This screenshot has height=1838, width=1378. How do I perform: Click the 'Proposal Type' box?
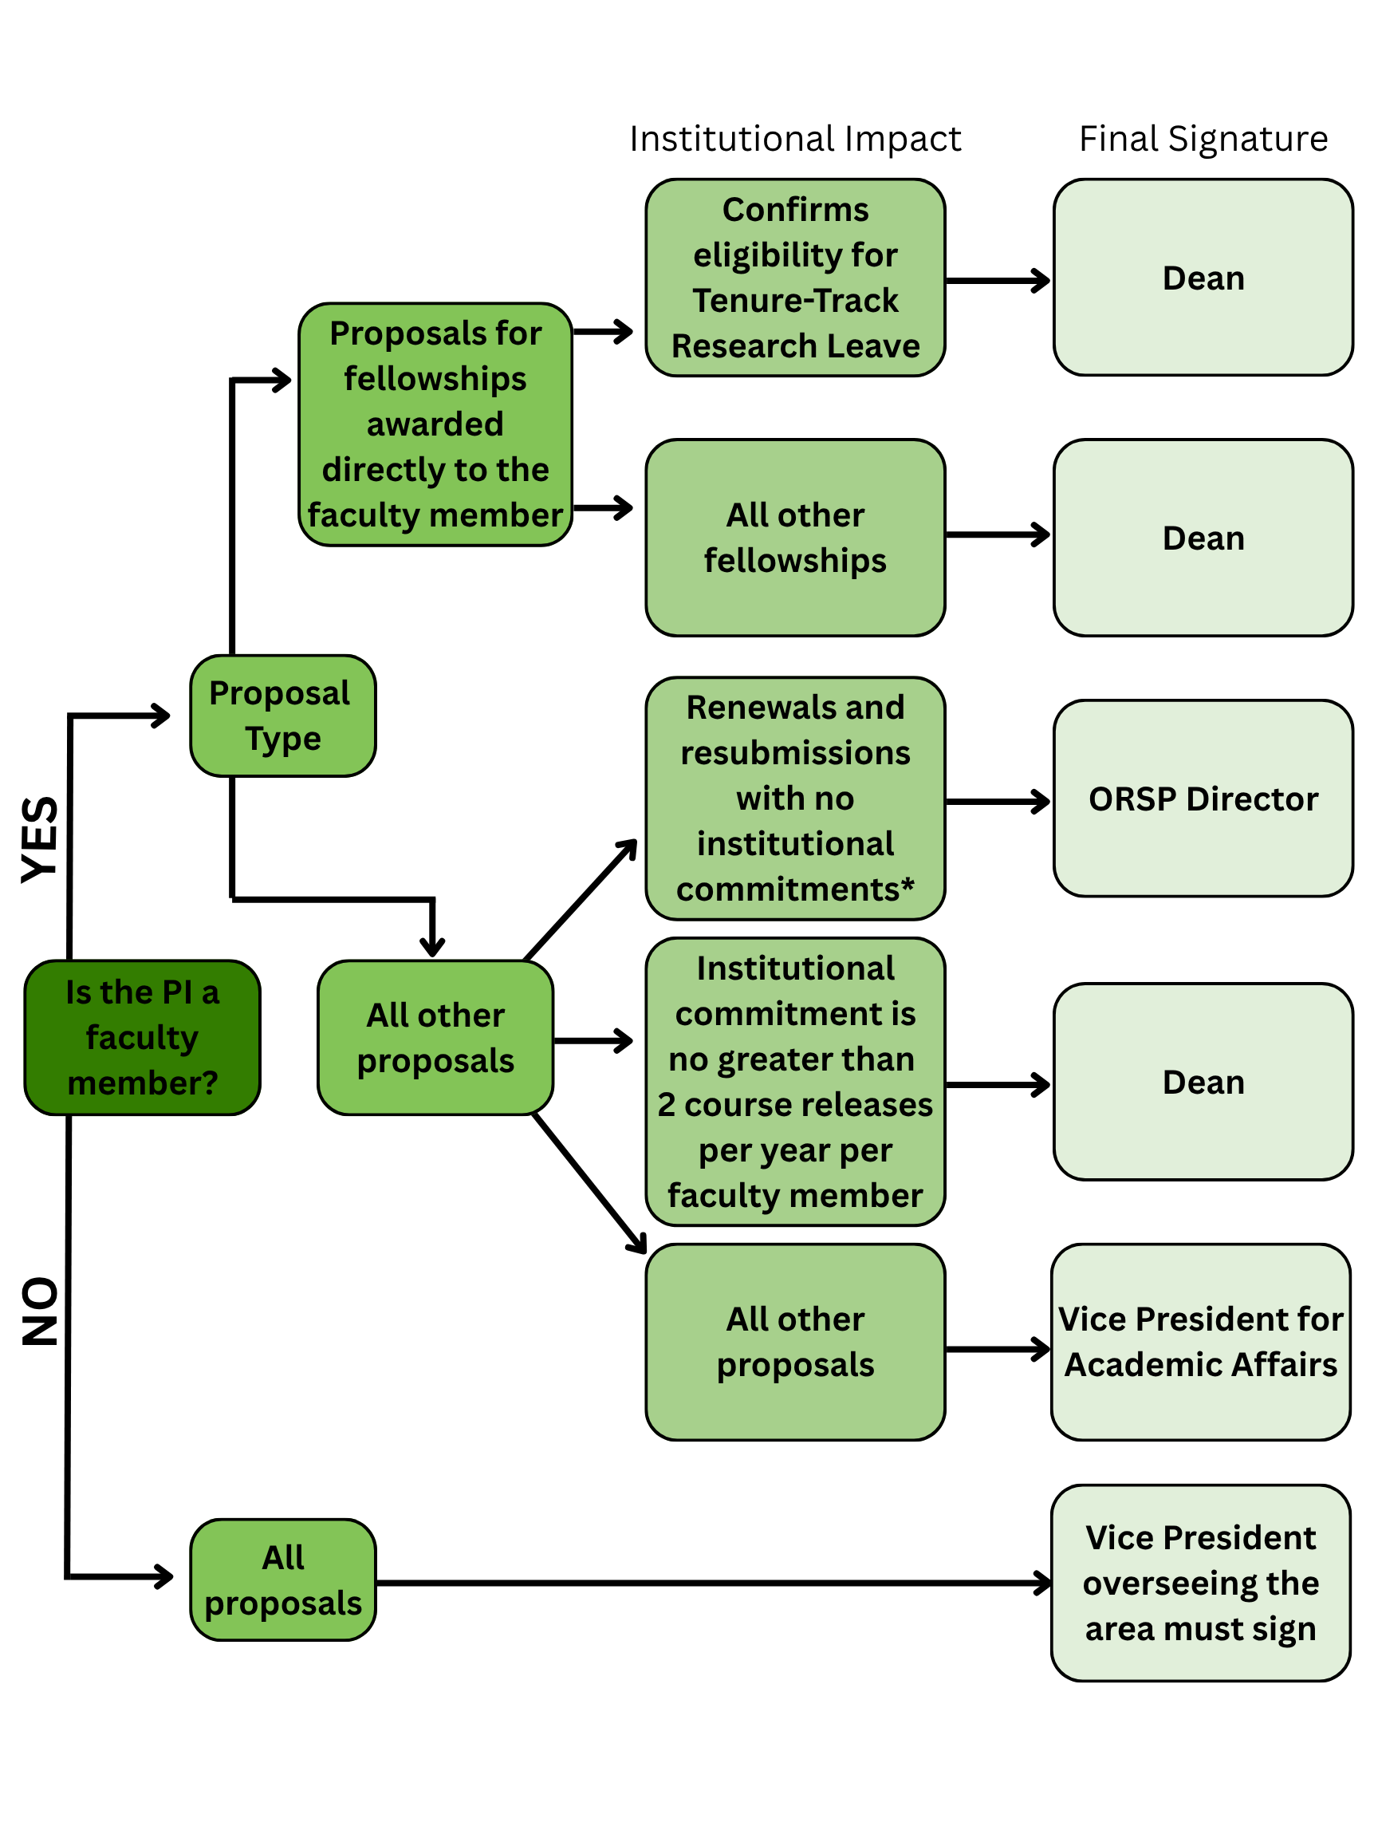tap(282, 716)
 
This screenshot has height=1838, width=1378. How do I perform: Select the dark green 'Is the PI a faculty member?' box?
tap(142, 1037)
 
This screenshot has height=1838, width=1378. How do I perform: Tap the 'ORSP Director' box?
tap(1203, 799)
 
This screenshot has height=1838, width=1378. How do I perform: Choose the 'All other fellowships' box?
tap(795, 538)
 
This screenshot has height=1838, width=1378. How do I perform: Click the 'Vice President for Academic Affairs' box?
tap(1200, 1341)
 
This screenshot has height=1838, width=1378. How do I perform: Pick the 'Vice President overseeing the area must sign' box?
tap(1200, 1583)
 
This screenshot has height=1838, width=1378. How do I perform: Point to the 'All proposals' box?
tap(282, 1580)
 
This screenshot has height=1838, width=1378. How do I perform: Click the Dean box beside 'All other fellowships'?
tap(1203, 538)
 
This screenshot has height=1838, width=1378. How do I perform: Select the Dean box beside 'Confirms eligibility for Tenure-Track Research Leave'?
tap(1203, 278)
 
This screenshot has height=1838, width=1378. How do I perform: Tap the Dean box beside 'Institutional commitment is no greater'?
tap(1203, 1082)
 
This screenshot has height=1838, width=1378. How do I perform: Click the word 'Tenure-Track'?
tap(795, 301)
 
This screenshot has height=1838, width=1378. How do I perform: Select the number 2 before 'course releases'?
tap(666, 1105)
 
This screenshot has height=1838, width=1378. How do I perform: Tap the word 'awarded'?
tap(435, 424)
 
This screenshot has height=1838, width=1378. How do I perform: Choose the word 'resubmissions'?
tap(795, 753)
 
